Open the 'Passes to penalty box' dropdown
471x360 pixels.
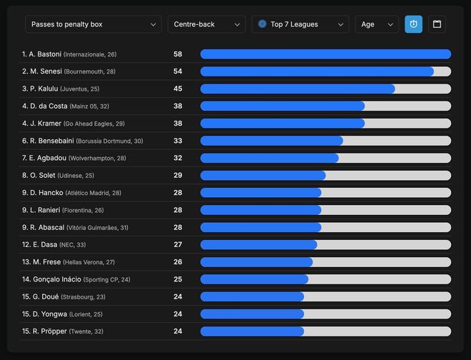pyautogui.click(x=93, y=24)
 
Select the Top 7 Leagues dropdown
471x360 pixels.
pyautogui.click(x=300, y=24)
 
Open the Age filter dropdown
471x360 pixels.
pyautogui.click(x=377, y=24)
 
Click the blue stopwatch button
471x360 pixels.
pyautogui.click(x=413, y=24)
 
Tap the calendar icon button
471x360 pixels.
pyautogui.click(x=437, y=24)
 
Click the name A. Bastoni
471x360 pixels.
pyautogui.click(x=45, y=54)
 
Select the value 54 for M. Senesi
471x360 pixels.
pyautogui.click(x=178, y=71)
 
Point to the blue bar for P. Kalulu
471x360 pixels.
pyautogui.click(x=298, y=89)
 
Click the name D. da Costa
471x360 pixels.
pyautogui.click(x=48, y=106)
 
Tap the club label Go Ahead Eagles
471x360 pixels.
pyautogui.click(x=93, y=124)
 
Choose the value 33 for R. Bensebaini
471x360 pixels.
pyautogui.click(x=178, y=141)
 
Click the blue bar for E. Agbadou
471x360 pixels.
pyautogui.click(x=269, y=158)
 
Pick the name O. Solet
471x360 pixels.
pyautogui.click(x=42, y=176)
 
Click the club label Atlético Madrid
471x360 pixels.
pyautogui.click(x=93, y=194)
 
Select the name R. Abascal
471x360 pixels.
pyautogui.click(x=46, y=228)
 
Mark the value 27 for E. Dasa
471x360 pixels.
pyautogui.click(x=178, y=244)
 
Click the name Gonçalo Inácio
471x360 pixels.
pyautogui.click(x=56, y=279)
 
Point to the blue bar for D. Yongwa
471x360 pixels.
pyautogui.click(x=252, y=314)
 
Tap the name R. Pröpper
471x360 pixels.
pyautogui.click(x=47, y=331)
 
